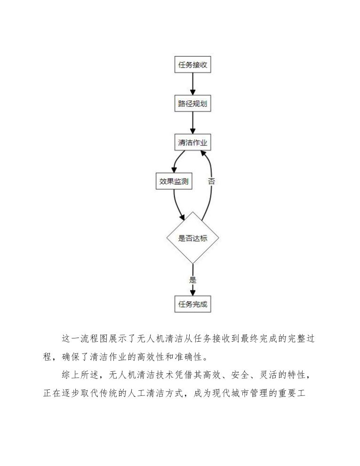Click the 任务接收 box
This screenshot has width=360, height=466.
pos(192,65)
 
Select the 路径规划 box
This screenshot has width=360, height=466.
pos(192,104)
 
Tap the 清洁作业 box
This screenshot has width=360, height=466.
pos(192,142)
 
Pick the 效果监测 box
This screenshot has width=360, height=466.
pos(174,181)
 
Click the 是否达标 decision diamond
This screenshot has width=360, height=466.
pos(192,238)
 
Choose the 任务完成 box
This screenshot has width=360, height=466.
pos(192,304)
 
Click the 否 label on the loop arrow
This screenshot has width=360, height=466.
pos(211,181)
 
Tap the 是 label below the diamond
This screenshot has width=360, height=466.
pos(192,280)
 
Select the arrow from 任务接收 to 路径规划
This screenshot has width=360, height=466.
pos(192,85)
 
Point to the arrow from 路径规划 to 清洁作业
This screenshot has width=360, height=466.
pos(192,123)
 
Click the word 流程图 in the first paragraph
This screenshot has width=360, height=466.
pos(96,338)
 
